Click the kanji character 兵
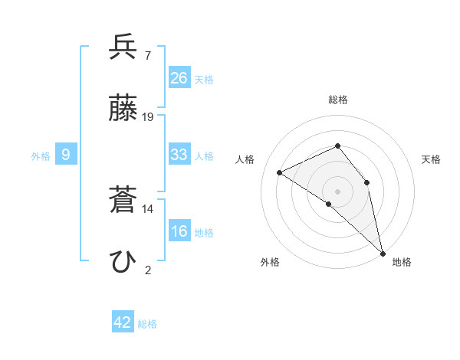[x=123, y=47]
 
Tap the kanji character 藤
[x=123, y=110]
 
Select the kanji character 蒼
[x=123, y=201]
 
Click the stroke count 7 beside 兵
[x=147, y=55]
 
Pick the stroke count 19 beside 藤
[x=148, y=117]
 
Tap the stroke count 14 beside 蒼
[x=148, y=208]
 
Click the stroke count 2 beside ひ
[x=147, y=270]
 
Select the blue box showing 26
[x=179, y=78]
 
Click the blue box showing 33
[x=179, y=155]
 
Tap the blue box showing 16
[x=179, y=231]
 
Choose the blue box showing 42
[x=123, y=322]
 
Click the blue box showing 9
[x=66, y=155]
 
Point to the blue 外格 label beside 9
[x=41, y=155]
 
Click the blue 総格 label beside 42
[x=147, y=324]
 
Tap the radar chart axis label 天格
[x=431, y=159]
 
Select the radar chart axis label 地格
[x=402, y=262]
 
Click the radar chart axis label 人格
[x=245, y=159]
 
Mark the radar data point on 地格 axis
[x=383, y=252]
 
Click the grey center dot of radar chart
[x=337, y=191]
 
